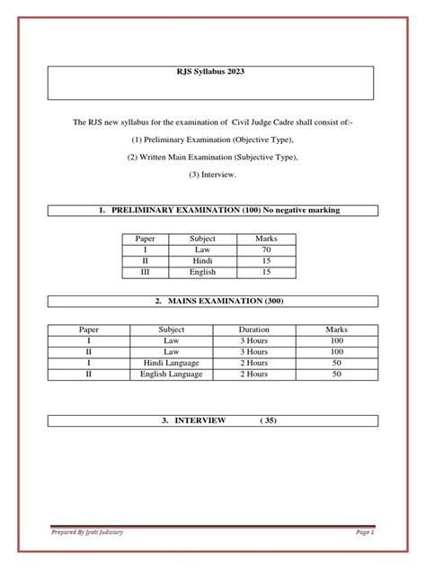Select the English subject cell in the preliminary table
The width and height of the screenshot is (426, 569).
[x=201, y=270]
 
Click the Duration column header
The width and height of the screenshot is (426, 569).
[x=254, y=330]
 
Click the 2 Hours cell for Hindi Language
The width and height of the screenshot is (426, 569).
[x=254, y=362]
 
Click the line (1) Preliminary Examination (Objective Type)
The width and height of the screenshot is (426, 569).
[x=212, y=141]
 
